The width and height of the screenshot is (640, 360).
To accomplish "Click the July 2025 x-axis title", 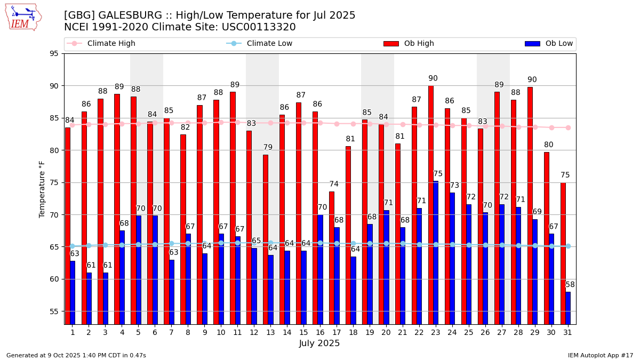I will (319, 343).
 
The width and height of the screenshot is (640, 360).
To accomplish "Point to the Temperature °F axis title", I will (42, 189).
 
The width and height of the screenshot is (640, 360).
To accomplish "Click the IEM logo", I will (23, 17).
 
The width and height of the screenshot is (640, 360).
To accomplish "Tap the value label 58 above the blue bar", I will (570, 285).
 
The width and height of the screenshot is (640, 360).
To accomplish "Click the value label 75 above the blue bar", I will (438, 174).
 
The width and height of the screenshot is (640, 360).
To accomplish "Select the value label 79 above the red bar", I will (268, 147).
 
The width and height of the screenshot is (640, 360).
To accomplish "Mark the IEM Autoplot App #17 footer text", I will (600, 355).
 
